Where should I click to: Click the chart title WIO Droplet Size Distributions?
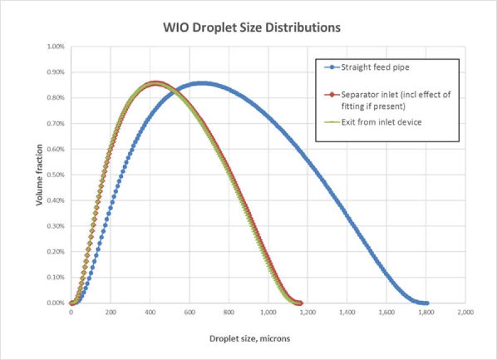(x=248, y=28)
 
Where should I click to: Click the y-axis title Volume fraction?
(x=39, y=175)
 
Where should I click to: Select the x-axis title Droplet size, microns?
(x=248, y=339)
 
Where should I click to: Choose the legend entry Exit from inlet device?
(x=381, y=122)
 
